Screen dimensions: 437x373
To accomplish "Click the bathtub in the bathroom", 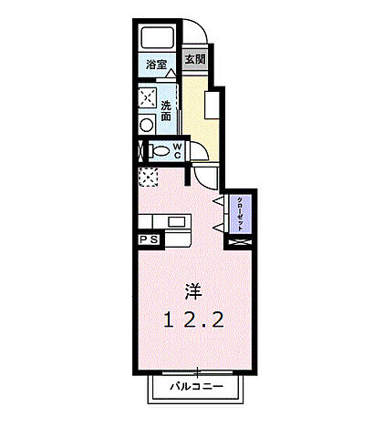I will (x=158, y=39).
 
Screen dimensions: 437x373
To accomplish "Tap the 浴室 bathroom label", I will (x=157, y=65).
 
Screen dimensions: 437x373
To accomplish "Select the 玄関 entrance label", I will (x=193, y=61).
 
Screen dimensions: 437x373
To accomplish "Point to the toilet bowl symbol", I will (x=159, y=151).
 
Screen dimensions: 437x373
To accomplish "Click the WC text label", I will (x=177, y=150).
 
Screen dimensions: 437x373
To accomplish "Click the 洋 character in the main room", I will (x=193, y=291).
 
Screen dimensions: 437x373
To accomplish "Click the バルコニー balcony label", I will (x=198, y=388).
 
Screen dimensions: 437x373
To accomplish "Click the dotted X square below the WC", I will (x=148, y=176).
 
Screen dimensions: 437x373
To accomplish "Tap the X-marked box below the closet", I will (x=240, y=242).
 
